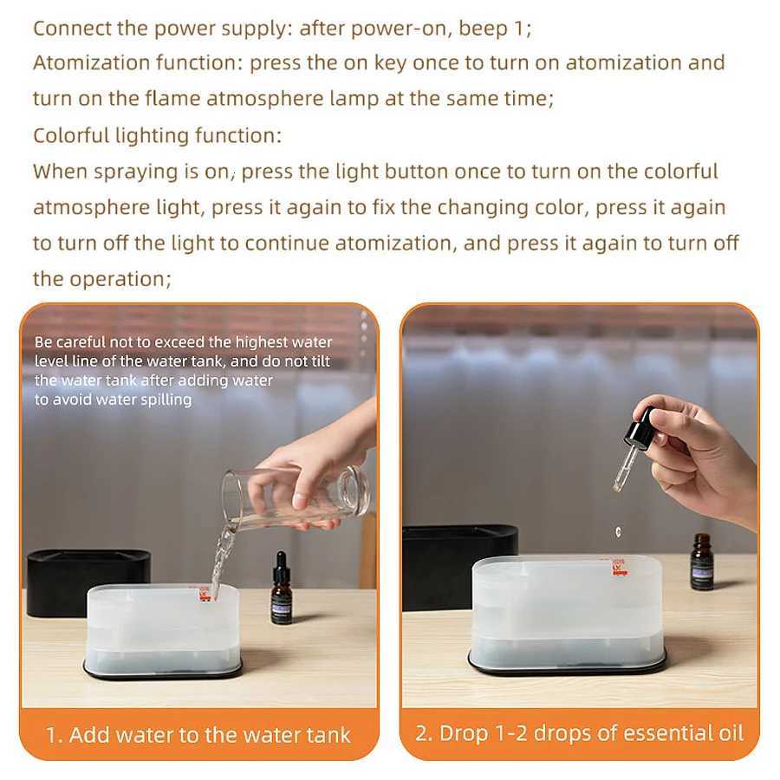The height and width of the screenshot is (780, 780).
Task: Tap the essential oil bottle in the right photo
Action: click(702, 562)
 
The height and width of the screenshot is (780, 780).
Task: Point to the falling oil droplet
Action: click(618, 530)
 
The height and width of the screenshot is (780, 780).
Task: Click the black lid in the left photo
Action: click(87, 581)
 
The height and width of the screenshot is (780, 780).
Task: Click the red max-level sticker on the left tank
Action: click(205, 594)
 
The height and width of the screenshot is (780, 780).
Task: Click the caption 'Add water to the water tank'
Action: click(198, 735)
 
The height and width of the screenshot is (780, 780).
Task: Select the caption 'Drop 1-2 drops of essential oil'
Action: click(579, 733)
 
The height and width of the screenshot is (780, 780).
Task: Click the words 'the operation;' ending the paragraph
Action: click(99, 279)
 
